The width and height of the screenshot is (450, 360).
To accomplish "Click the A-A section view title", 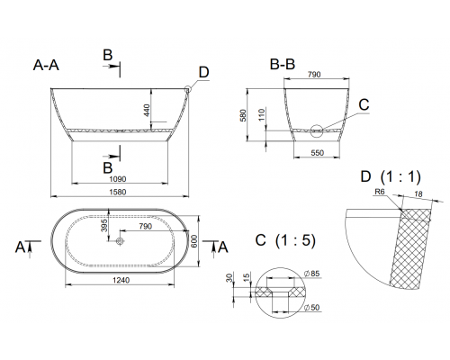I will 49,65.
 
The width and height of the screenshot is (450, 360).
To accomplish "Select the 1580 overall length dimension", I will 120,190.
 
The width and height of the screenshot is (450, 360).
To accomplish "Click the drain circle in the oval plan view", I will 120,241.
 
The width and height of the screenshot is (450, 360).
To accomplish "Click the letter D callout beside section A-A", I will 203,72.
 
